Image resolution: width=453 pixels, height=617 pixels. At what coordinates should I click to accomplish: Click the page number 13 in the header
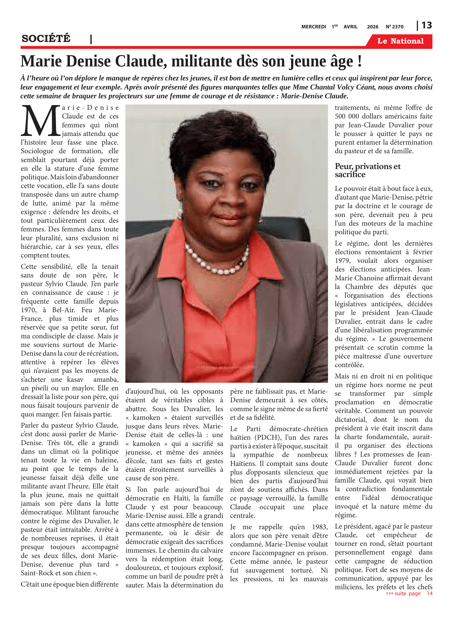[426, 26]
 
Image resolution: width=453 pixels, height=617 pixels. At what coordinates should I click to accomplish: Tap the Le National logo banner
[400, 41]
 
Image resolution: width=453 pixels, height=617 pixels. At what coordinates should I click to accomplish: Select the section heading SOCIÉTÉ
[46, 39]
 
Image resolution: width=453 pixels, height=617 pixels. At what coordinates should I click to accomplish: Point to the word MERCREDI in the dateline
[313, 27]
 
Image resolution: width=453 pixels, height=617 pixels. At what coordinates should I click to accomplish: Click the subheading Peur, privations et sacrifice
[368, 170]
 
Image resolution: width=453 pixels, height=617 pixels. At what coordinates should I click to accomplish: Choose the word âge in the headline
[342, 61]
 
